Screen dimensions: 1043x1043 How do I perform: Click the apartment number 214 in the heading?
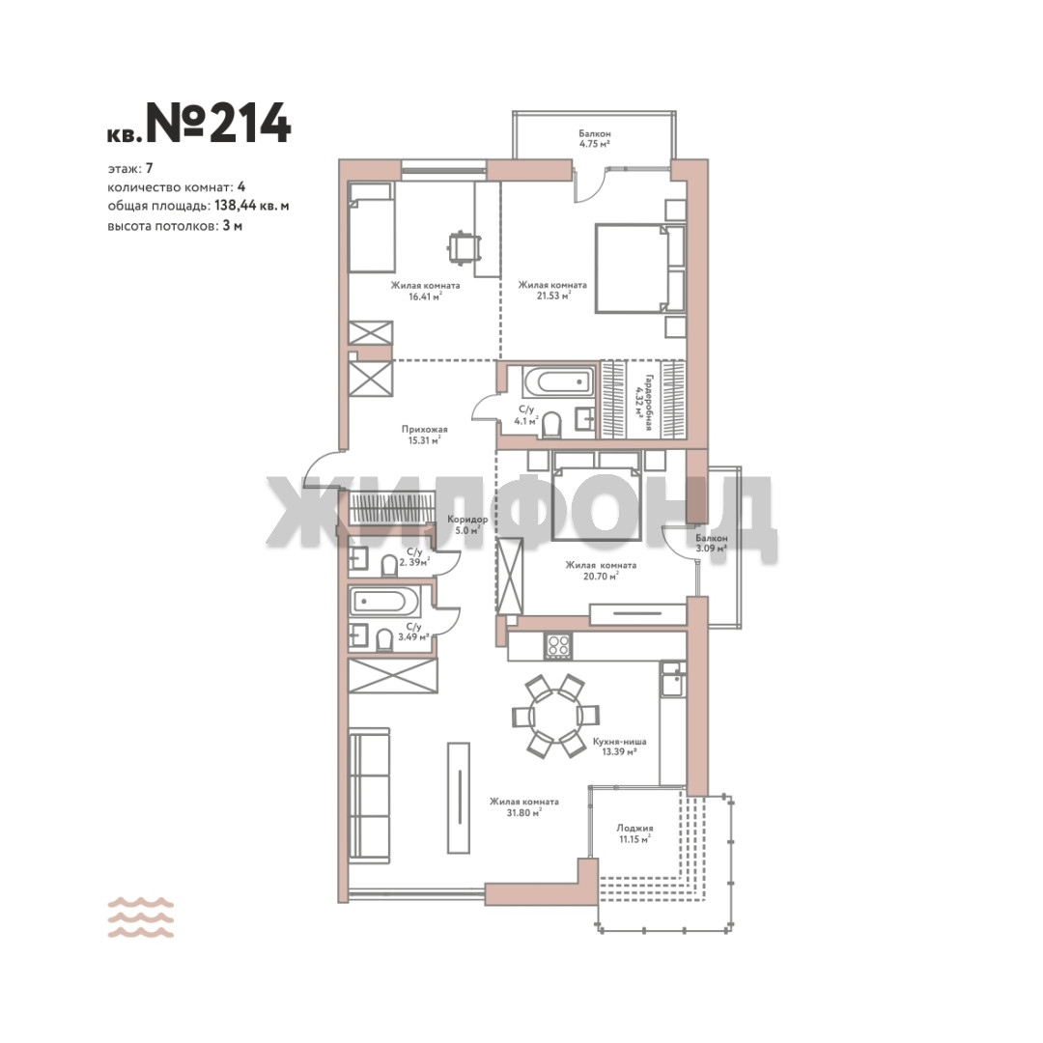251,123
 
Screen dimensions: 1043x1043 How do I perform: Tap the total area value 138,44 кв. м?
251,206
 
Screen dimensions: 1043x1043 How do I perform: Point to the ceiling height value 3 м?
232,225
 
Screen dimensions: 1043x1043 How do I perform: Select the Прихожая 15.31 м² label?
424,435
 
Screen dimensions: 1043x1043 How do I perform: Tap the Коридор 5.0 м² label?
467,524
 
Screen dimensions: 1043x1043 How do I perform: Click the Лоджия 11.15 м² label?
634,833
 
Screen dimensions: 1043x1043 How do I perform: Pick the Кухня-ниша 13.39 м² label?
619,747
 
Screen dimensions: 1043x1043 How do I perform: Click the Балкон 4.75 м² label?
595,138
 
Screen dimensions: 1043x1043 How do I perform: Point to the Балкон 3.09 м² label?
711,543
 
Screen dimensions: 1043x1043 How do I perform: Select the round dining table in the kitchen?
555,716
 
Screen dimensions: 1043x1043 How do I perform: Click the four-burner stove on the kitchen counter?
557,645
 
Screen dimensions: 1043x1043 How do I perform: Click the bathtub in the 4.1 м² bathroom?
559,382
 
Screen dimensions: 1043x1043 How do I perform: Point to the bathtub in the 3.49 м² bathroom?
384,603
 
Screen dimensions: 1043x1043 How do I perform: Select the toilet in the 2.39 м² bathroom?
389,566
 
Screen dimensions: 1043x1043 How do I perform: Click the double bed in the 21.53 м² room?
640,268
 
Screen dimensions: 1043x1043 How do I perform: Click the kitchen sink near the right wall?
672,678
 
